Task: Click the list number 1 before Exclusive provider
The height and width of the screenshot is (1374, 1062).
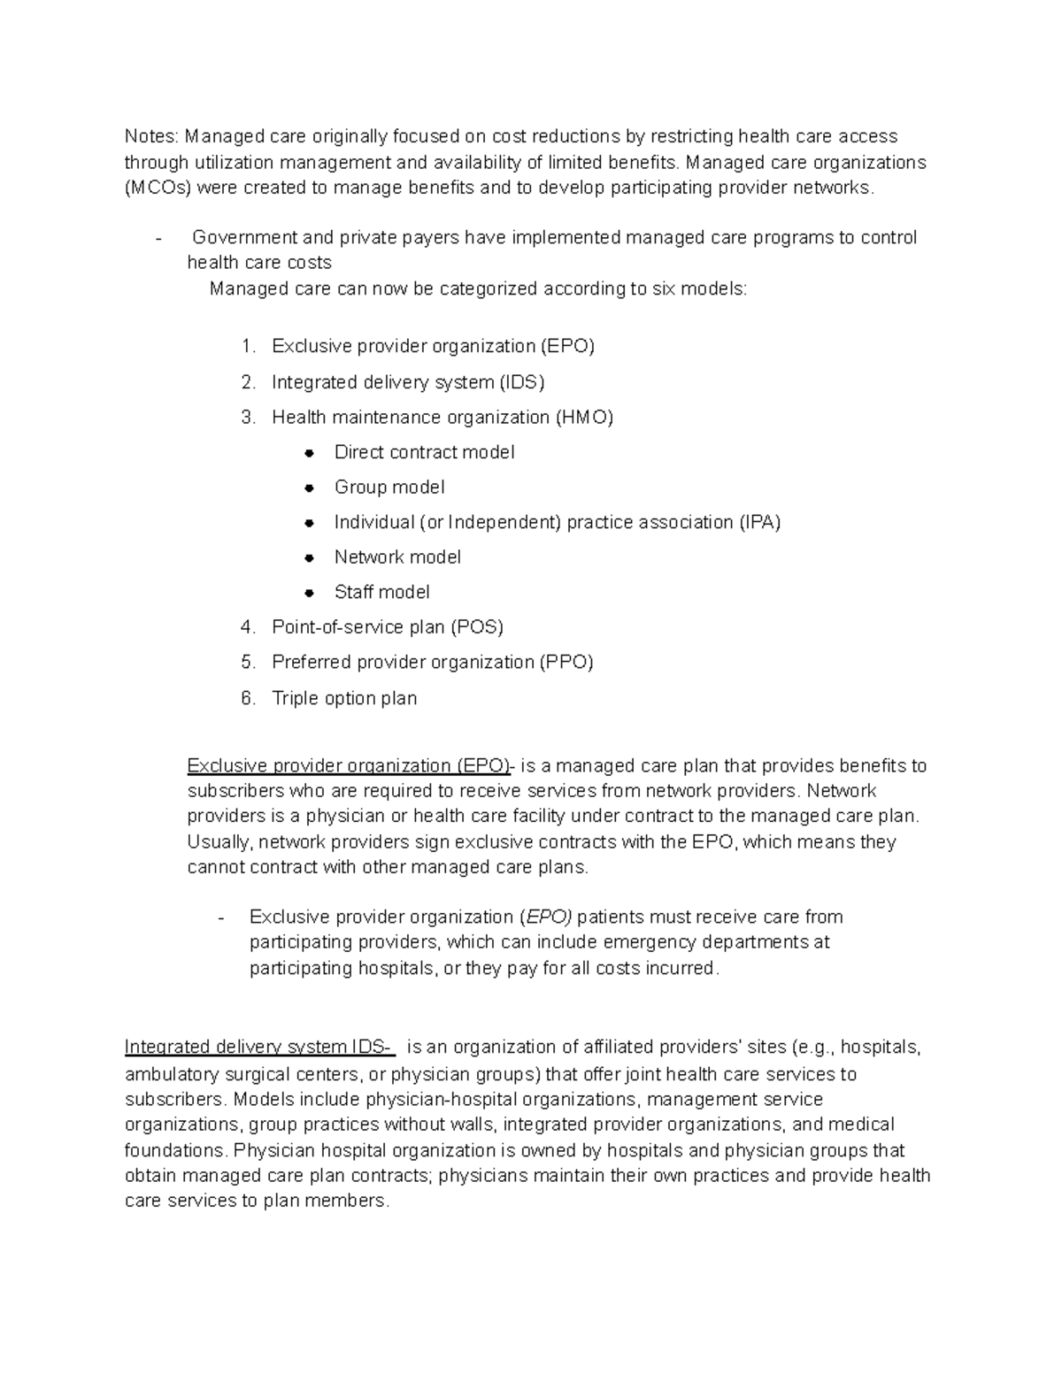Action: (x=248, y=346)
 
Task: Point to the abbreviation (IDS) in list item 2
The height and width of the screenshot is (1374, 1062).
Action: (x=521, y=382)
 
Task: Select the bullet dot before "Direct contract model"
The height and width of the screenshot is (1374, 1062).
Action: (x=309, y=453)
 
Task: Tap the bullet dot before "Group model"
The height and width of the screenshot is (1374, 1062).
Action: (x=309, y=488)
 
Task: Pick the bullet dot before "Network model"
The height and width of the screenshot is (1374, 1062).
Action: (x=309, y=558)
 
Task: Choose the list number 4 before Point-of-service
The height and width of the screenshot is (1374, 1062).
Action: (x=248, y=627)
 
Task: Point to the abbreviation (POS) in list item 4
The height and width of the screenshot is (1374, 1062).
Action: (x=476, y=627)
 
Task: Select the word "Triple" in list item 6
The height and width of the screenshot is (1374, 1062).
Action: (x=296, y=699)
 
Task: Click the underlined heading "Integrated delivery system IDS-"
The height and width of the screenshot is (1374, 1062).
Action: (x=258, y=1048)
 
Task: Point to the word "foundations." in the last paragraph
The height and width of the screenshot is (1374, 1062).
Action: (x=176, y=1151)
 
